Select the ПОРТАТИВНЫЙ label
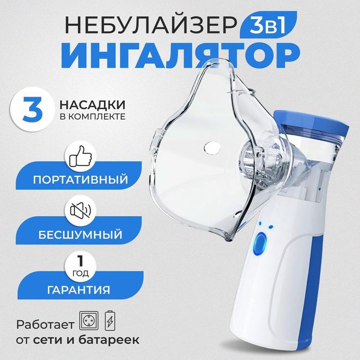[x=87, y=181]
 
